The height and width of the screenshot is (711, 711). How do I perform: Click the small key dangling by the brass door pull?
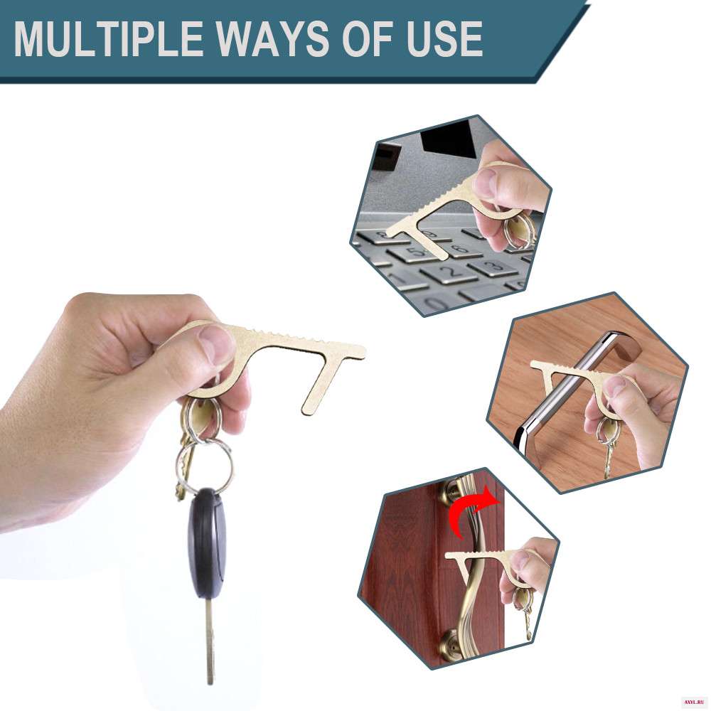click(528, 624)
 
